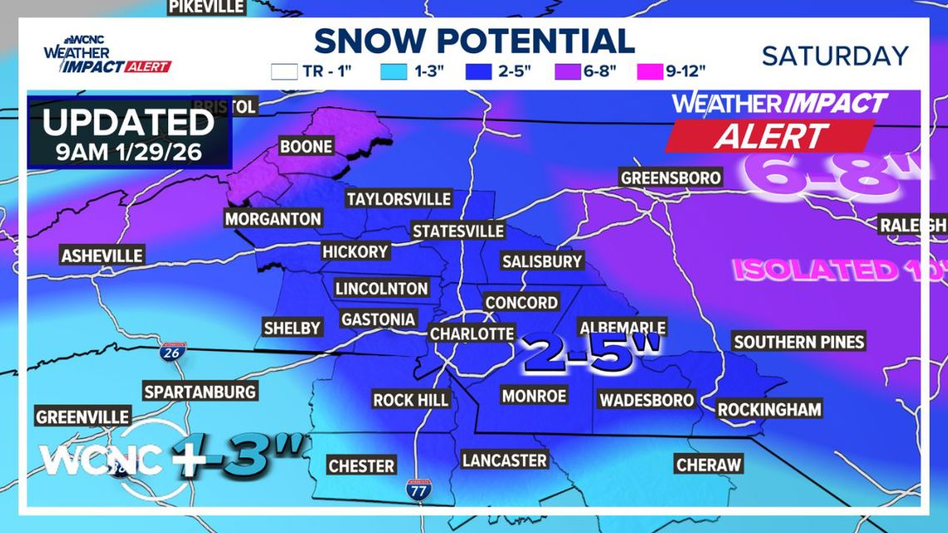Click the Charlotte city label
(x=472, y=333)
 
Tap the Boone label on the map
(x=306, y=147)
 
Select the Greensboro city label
(x=670, y=178)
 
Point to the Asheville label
(x=102, y=255)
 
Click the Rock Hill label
(x=411, y=400)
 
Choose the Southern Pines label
(x=798, y=342)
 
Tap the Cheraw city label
(x=709, y=465)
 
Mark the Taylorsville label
(x=398, y=200)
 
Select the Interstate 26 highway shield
(x=170, y=354)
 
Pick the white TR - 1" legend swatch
(x=284, y=72)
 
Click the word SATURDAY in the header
(x=835, y=56)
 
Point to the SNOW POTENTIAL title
(x=474, y=41)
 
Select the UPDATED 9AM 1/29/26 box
(x=129, y=132)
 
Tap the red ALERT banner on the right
(x=769, y=136)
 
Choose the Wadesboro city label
(x=646, y=400)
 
